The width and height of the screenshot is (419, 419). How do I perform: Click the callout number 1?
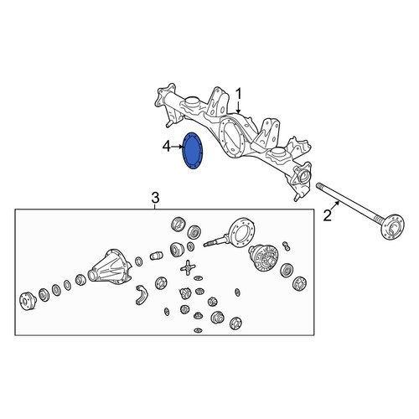[239, 95]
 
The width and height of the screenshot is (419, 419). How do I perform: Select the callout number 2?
[327, 215]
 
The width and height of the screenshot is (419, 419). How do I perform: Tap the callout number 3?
[155, 198]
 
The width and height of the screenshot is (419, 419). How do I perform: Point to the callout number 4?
[167, 147]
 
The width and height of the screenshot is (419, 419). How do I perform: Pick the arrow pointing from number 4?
[176, 147]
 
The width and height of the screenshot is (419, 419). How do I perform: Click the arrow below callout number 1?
[238, 107]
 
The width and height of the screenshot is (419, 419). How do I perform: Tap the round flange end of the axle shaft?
[394, 227]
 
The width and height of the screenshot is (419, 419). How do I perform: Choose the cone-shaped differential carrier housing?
[110, 266]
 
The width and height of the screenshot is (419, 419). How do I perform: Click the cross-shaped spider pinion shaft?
[188, 267]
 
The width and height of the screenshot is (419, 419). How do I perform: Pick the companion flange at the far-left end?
[28, 301]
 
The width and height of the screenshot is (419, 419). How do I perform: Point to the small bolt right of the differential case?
[287, 246]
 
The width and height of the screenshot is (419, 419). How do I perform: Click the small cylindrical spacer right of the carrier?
[157, 256]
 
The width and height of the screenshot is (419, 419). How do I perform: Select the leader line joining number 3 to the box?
[155, 207]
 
